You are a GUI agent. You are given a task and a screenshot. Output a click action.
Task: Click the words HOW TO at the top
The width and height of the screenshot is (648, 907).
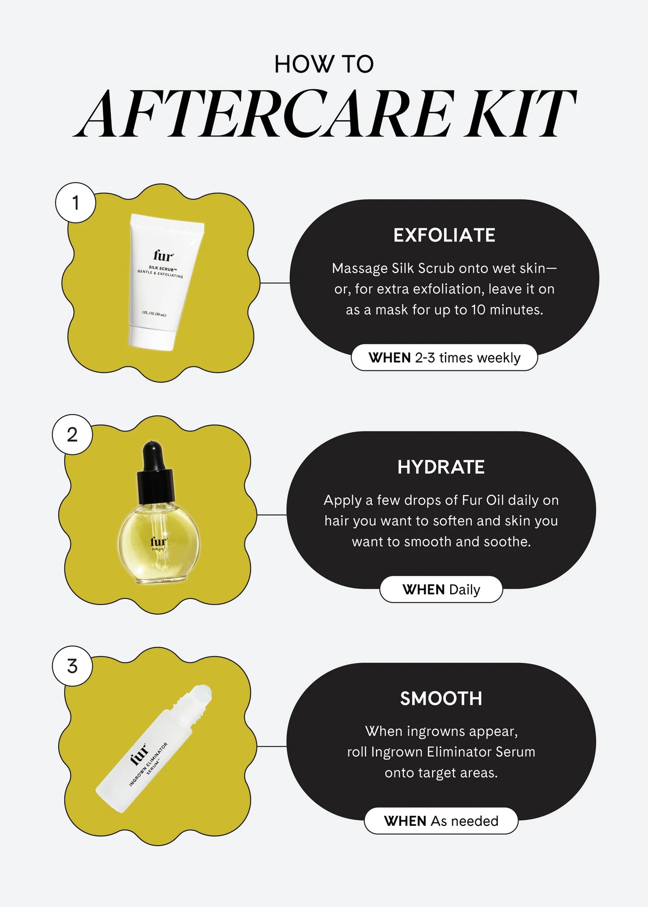(324, 64)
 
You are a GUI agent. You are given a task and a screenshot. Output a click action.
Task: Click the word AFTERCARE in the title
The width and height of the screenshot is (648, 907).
(265, 114)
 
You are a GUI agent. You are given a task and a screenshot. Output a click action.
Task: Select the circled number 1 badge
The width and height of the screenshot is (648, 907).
(75, 203)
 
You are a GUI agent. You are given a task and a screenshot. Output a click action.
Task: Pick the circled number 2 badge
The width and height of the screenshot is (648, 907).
(72, 435)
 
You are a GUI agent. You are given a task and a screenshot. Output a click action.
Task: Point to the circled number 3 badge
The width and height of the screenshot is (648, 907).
(72, 666)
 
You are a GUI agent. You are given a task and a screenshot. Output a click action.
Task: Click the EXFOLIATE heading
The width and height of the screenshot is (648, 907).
(444, 235)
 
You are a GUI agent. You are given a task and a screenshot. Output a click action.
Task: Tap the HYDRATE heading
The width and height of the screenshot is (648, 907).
(441, 467)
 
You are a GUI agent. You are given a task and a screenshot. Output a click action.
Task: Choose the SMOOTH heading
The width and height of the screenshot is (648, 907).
(441, 699)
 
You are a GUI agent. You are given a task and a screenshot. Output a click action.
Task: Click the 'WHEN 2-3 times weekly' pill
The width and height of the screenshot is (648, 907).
(444, 358)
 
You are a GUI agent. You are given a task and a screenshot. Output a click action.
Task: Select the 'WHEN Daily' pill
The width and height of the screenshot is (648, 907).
(441, 589)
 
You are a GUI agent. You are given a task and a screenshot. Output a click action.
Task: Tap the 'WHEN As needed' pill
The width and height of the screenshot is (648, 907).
(441, 821)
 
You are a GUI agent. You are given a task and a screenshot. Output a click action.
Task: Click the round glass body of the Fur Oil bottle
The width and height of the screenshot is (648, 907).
(158, 545)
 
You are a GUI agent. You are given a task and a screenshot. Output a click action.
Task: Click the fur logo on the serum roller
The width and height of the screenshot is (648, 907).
(139, 754)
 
